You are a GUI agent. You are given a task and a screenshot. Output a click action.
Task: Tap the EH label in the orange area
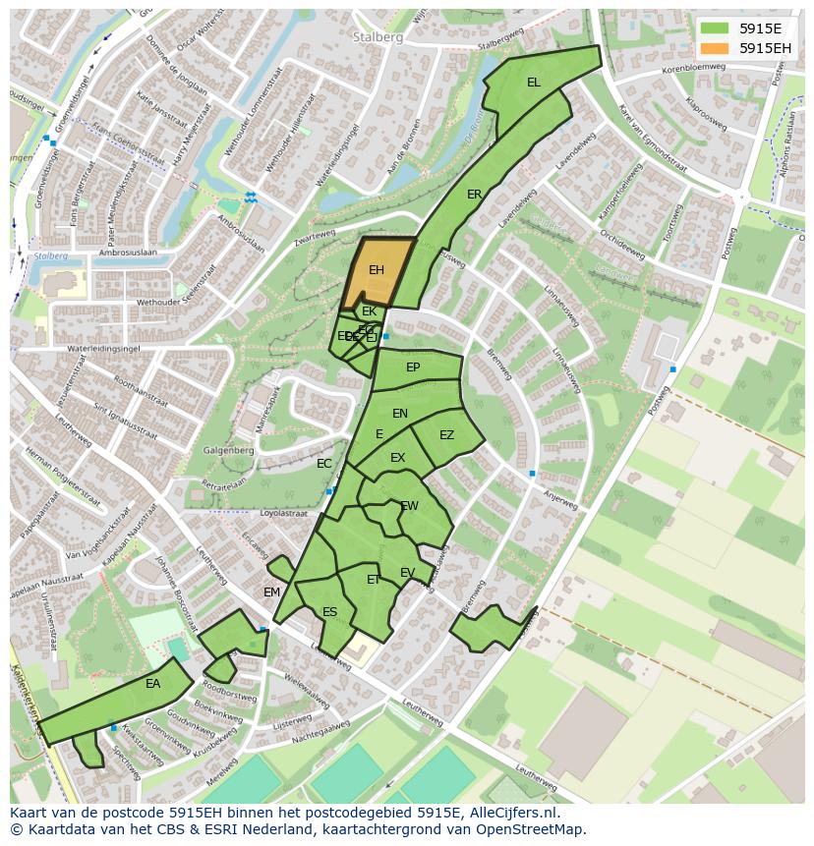pos(377,270)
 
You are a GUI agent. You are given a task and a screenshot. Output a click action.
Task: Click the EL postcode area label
pos(534,83)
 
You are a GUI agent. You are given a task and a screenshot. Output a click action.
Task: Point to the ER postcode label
pos(475,195)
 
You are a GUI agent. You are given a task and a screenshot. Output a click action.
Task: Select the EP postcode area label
pos(413,367)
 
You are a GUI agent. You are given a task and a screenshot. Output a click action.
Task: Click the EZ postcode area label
pos(447,435)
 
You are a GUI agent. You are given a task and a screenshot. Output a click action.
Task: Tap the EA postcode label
pos(152,684)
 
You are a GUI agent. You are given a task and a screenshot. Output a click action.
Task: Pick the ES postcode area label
pos(330,612)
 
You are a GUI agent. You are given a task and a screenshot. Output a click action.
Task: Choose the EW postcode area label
pos(410,506)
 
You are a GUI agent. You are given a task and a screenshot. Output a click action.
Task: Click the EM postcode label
pos(272,592)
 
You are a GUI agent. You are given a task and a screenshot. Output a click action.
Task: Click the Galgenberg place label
pos(229,451)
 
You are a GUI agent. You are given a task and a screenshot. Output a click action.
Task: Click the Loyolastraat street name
pos(283,513)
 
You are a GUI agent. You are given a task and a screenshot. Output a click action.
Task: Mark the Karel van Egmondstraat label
pos(654,138)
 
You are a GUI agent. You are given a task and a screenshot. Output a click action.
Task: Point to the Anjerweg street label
pos(560,498)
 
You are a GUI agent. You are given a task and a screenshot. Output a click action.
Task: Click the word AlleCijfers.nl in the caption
pos(510,813)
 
